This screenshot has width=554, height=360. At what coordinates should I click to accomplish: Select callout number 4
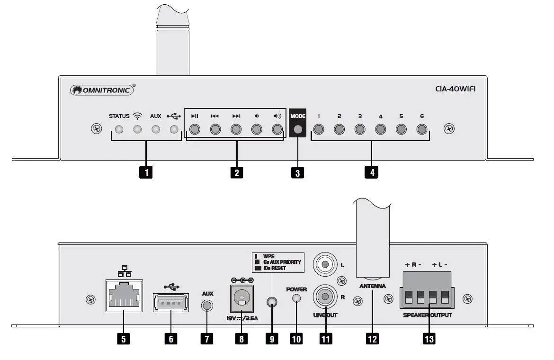click(372, 172)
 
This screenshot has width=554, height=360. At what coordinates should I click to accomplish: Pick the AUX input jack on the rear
click(207, 306)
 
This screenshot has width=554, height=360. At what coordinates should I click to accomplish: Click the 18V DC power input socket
click(242, 297)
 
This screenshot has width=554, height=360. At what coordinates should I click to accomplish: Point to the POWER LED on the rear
click(296, 298)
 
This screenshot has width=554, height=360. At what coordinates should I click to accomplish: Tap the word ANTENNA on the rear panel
click(373, 286)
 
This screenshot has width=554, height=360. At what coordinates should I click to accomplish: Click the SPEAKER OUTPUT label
click(428, 315)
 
